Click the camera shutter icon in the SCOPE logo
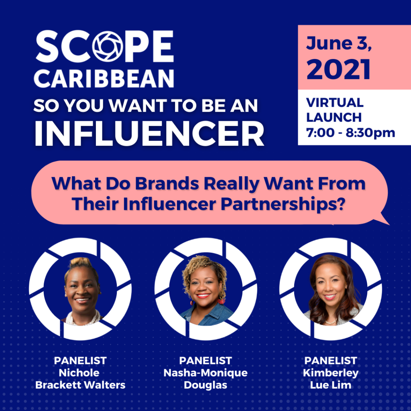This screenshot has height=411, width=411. (x=108, y=47)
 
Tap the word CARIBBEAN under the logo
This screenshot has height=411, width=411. (x=104, y=78)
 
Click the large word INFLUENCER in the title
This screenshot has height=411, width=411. (x=149, y=133)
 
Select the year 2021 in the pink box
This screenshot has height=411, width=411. (x=338, y=69)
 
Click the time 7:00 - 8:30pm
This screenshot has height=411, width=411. (x=350, y=132)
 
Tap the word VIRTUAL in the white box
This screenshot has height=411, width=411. (x=335, y=102)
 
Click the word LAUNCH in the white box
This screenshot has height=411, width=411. (x=334, y=118)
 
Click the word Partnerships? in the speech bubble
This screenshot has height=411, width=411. (x=283, y=204)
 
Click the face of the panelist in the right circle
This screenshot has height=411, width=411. (x=330, y=286)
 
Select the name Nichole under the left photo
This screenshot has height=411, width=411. (x=79, y=373)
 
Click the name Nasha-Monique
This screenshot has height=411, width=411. (x=205, y=373)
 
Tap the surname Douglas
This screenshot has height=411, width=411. (x=205, y=385)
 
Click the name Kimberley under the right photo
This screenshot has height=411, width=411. (x=331, y=373)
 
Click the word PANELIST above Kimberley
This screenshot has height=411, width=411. (x=331, y=361)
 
